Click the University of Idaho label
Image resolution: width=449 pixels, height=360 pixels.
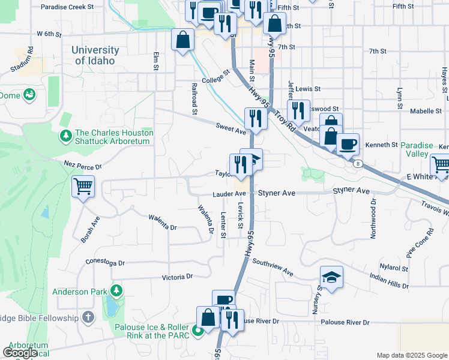(95, 56)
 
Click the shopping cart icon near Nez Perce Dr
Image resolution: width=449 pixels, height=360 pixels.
(83, 186)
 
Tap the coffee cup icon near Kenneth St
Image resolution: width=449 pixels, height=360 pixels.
(348, 144)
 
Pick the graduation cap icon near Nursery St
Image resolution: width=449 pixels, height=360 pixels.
(331, 277)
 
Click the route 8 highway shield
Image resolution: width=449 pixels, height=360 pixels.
(357, 163)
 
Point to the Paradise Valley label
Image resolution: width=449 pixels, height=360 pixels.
(420, 149)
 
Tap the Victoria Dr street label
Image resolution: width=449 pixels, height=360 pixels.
(178, 277)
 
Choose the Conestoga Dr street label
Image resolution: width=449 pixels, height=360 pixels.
(105, 263)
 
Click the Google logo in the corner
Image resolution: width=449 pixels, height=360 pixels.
(20, 353)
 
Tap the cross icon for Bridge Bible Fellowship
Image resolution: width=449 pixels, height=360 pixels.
(88, 317)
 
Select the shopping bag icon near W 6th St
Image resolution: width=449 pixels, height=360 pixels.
(182, 40)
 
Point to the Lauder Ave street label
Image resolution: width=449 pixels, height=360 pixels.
(229, 194)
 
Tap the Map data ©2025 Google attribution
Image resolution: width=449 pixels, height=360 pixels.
(411, 355)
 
